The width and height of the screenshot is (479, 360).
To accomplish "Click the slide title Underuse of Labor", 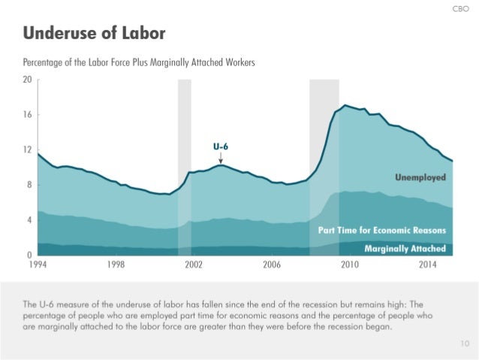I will pyautogui.click(x=94, y=34).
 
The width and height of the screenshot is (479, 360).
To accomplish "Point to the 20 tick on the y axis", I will pyautogui.click(x=27, y=80).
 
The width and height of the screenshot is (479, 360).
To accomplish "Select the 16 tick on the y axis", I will pyautogui.click(x=27, y=115).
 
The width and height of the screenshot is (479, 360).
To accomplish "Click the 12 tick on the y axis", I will pyautogui.click(x=27, y=150).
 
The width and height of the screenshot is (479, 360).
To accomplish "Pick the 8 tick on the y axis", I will pyautogui.click(x=29, y=185).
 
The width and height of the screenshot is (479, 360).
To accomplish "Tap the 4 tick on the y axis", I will pyautogui.click(x=29, y=220).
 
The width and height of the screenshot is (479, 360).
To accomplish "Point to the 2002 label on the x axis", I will pyautogui.click(x=194, y=265).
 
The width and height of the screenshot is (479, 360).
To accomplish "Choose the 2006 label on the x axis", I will pyautogui.click(x=272, y=265).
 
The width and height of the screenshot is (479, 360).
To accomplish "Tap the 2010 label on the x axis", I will pyautogui.click(x=350, y=265).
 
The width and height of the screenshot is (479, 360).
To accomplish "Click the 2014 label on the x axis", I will pyautogui.click(x=428, y=265).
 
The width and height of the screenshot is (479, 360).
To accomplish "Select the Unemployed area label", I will pyautogui.click(x=420, y=178).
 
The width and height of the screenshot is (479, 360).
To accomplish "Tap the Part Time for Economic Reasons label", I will pyautogui.click(x=382, y=229).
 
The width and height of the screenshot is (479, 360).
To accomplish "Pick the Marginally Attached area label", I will pyautogui.click(x=405, y=248).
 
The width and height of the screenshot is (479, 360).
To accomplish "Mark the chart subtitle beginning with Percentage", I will pyautogui.click(x=139, y=62).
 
